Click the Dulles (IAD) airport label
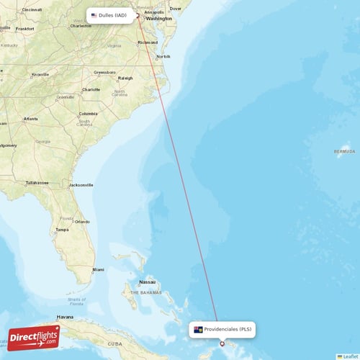coord(112,14)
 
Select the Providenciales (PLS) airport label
coord(222,329)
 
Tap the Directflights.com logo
coord(33,337)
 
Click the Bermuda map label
coord(345,152)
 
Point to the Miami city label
coord(98,270)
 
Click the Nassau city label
coord(148,282)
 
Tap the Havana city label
coord(66,317)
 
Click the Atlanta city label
coord(30,119)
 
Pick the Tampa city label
coord(62,230)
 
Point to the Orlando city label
coord(82,221)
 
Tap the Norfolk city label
coord(164,56)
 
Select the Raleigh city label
coord(126,78)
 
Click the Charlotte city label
coord(91,89)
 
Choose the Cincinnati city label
coord(32,9)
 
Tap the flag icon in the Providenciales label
coord(198,329)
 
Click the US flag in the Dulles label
coord(94,15)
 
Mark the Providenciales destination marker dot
coord(222,343)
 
